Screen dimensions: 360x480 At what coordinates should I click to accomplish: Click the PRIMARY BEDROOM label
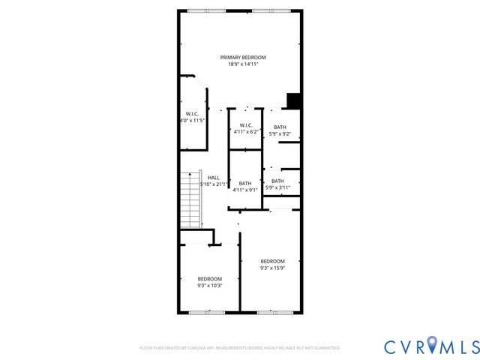[242, 58]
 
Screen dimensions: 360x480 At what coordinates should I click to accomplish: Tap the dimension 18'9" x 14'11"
[242, 64]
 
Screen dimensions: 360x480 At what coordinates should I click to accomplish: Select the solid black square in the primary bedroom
[294, 101]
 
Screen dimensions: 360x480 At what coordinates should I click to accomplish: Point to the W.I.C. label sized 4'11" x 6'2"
[245, 125]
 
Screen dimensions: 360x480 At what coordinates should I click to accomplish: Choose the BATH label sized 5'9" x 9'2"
[280, 127]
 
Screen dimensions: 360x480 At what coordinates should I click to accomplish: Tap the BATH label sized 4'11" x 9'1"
[245, 184]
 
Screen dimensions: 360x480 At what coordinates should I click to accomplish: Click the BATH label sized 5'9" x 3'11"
[277, 181]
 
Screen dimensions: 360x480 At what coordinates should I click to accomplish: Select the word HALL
[214, 178]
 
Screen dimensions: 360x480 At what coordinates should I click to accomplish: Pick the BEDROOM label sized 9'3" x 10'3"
[209, 278]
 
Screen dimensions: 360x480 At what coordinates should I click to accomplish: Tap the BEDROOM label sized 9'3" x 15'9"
[272, 261]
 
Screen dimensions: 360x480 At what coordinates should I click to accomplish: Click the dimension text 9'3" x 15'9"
[272, 268]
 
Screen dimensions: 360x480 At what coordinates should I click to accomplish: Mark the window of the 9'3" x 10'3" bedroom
[202, 311]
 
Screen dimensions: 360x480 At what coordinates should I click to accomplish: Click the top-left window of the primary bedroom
[199, 10]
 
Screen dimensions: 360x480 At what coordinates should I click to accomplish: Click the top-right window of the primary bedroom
[262, 10]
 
